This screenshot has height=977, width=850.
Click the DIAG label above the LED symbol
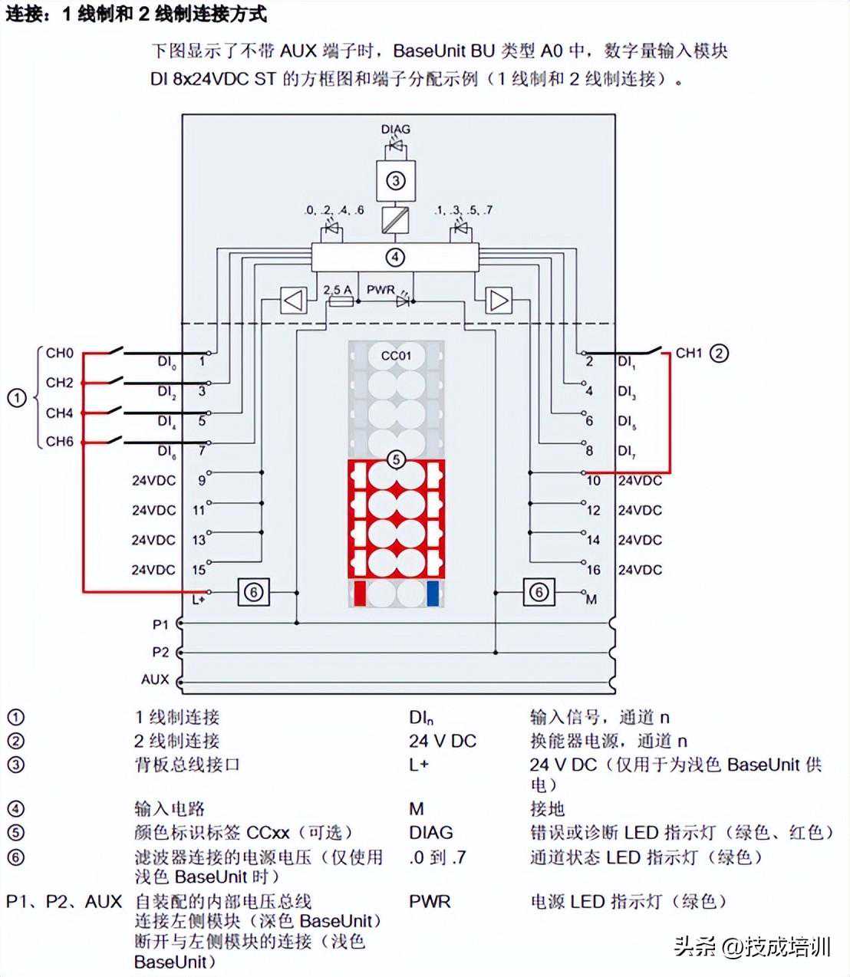pyautogui.click(x=395, y=130)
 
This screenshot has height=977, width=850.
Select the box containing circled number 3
pyautogui.click(x=395, y=180)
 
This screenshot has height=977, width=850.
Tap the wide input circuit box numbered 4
pyautogui.click(x=395, y=258)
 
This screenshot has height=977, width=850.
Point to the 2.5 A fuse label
pyautogui.click(x=337, y=290)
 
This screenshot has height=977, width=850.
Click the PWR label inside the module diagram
pyautogui.click(x=381, y=290)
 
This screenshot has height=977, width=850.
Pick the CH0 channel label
pyautogui.click(x=60, y=354)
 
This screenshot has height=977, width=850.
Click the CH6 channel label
pyautogui.click(x=60, y=442)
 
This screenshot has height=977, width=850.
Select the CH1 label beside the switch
pyautogui.click(x=689, y=354)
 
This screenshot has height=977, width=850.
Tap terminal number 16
pyautogui.click(x=594, y=570)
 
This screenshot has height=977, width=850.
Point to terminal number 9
pyautogui.click(x=202, y=480)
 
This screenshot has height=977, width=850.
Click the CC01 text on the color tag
pyautogui.click(x=396, y=356)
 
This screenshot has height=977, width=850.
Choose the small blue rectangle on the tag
pyautogui.click(x=433, y=594)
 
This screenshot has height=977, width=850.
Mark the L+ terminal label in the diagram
pyautogui.click(x=199, y=599)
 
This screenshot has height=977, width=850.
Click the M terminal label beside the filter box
pyautogui.click(x=591, y=599)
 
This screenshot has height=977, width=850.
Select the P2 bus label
pyautogui.click(x=160, y=653)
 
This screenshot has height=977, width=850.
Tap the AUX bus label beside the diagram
pyautogui.click(x=155, y=679)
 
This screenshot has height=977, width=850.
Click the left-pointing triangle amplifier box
pyautogui.click(x=294, y=301)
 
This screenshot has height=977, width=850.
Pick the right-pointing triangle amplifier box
pyautogui.click(x=499, y=301)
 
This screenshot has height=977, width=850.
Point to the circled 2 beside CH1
pyautogui.click(x=719, y=354)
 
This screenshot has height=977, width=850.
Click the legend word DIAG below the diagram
pyautogui.click(x=430, y=833)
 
